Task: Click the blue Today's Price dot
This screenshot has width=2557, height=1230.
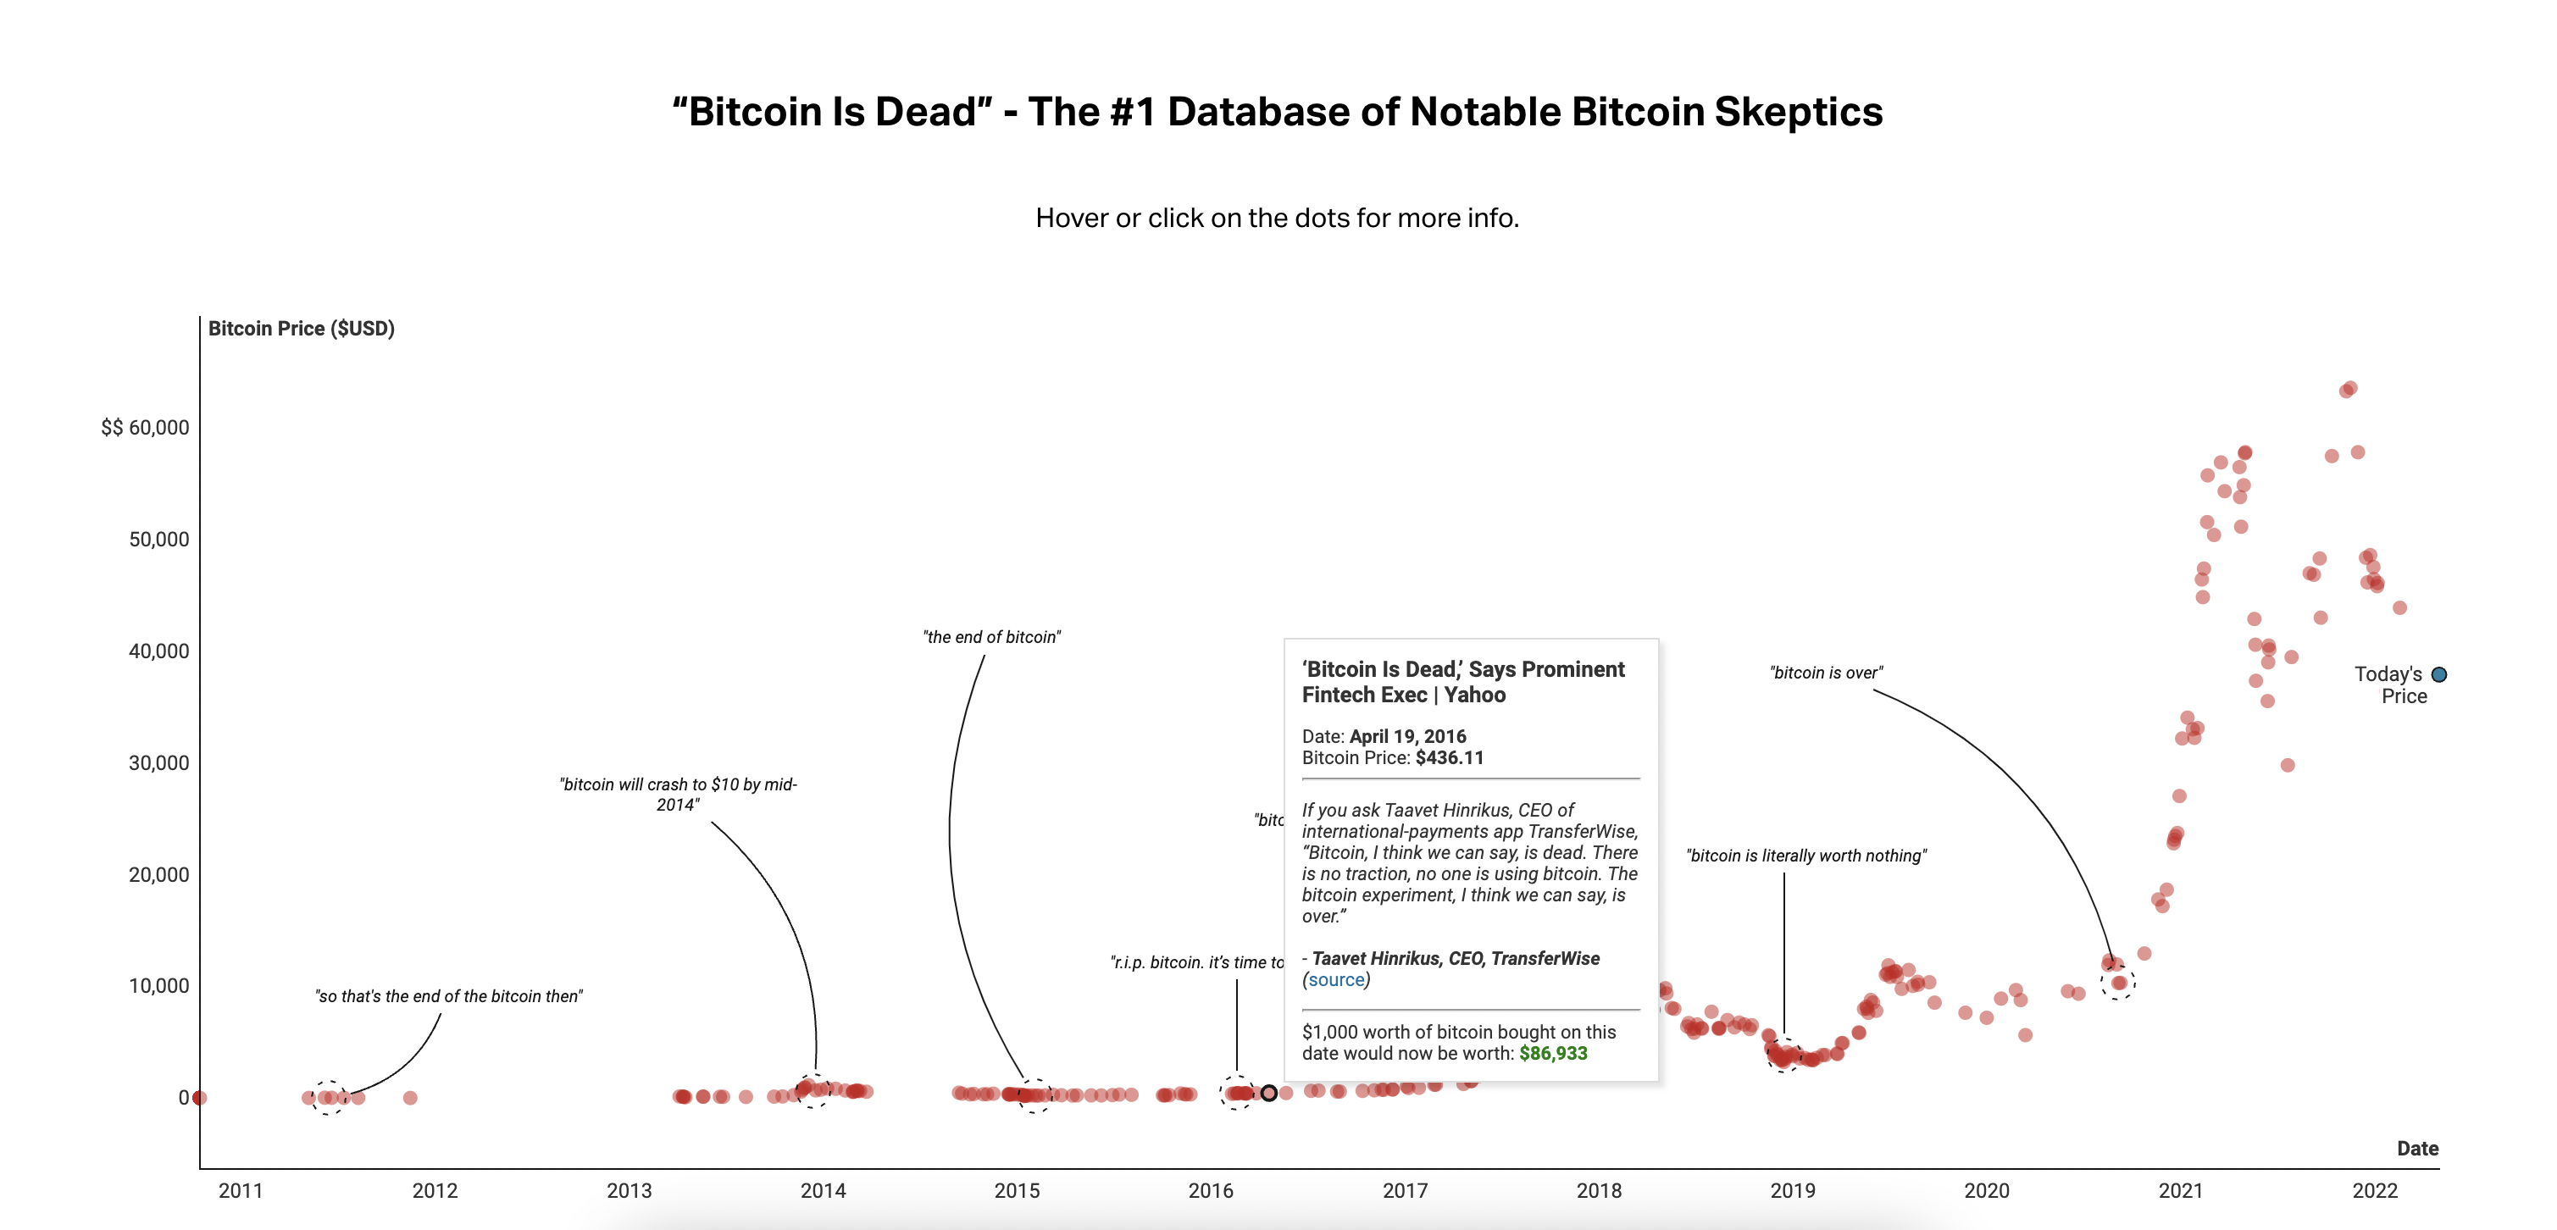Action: tap(2439, 675)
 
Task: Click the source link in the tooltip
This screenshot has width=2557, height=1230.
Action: tap(1336, 980)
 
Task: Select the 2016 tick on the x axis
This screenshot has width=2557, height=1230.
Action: tap(1210, 1190)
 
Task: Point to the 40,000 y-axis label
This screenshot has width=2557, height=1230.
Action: tap(158, 651)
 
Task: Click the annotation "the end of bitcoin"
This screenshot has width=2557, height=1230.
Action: tap(991, 637)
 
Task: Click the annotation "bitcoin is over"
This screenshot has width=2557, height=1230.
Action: tap(1826, 673)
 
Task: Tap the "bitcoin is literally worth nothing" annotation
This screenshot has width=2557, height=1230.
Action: tap(1805, 856)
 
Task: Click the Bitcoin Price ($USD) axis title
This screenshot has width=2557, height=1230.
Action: tap(301, 329)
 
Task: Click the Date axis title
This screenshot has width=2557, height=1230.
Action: tap(2417, 1149)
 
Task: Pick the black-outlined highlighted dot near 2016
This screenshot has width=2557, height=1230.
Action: tap(1268, 1093)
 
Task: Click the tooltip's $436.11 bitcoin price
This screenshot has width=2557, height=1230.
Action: tap(1450, 757)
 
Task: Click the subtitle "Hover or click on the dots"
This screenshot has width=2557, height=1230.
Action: tap(1277, 219)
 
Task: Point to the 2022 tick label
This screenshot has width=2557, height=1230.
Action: tap(2374, 1190)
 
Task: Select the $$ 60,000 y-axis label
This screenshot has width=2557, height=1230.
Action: tap(145, 428)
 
